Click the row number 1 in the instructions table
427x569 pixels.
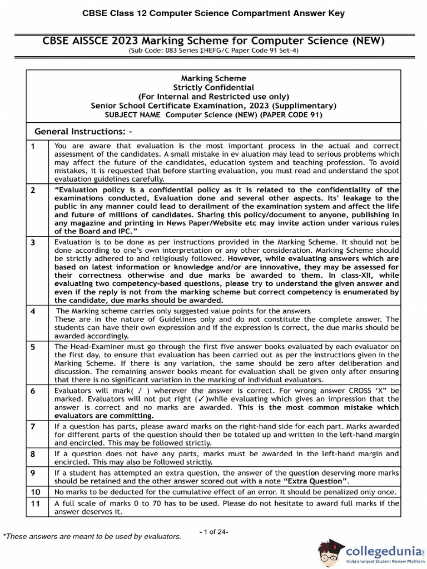33,146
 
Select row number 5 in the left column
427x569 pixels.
33,346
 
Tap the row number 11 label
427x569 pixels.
35,503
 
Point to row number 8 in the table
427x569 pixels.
33,454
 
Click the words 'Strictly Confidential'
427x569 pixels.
213,87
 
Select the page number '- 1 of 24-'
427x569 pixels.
213,532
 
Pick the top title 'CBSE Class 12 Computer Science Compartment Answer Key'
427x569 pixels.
213,13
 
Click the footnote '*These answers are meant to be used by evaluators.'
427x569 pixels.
92,536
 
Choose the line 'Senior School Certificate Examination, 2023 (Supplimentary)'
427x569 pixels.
213,106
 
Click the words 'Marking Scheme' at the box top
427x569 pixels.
213,78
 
